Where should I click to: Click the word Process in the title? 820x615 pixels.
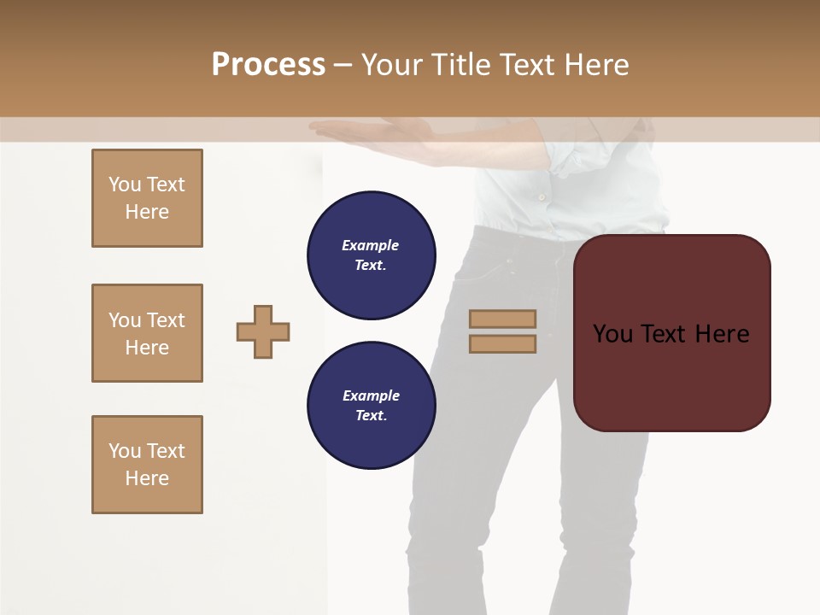(x=268, y=65)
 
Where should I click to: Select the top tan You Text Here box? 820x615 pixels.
(x=147, y=198)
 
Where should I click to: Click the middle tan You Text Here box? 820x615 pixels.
(x=147, y=333)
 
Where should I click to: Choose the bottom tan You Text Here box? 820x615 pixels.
(x=147, y=465)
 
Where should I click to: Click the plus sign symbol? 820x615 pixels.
(x=263, y=331)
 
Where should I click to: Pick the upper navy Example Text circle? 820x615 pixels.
(x=371, y=255)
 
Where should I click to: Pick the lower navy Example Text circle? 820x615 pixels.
(x=371, y=406)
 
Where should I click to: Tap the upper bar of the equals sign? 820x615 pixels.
(x=502, y=319)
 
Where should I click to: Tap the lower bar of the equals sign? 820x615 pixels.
(x=502, y=343)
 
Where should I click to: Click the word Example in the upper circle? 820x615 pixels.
(x=371, y=245)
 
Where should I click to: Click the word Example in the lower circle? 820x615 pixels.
(x=371, y=395)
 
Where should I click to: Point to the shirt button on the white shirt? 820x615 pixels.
(x=540, y=196)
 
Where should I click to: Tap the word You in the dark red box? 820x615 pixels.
(x=613, y=334)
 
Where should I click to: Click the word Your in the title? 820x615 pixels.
(x=393, y=65)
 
